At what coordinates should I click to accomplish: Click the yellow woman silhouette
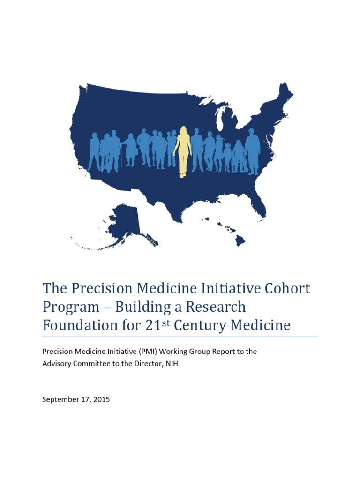click(183, 150)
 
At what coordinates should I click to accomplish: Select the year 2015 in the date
click(102, 400)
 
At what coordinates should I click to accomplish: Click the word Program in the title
click(70, 307)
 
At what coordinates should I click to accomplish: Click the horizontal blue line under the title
click(180, 337)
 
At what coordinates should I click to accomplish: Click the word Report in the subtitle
click(218, 351)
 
